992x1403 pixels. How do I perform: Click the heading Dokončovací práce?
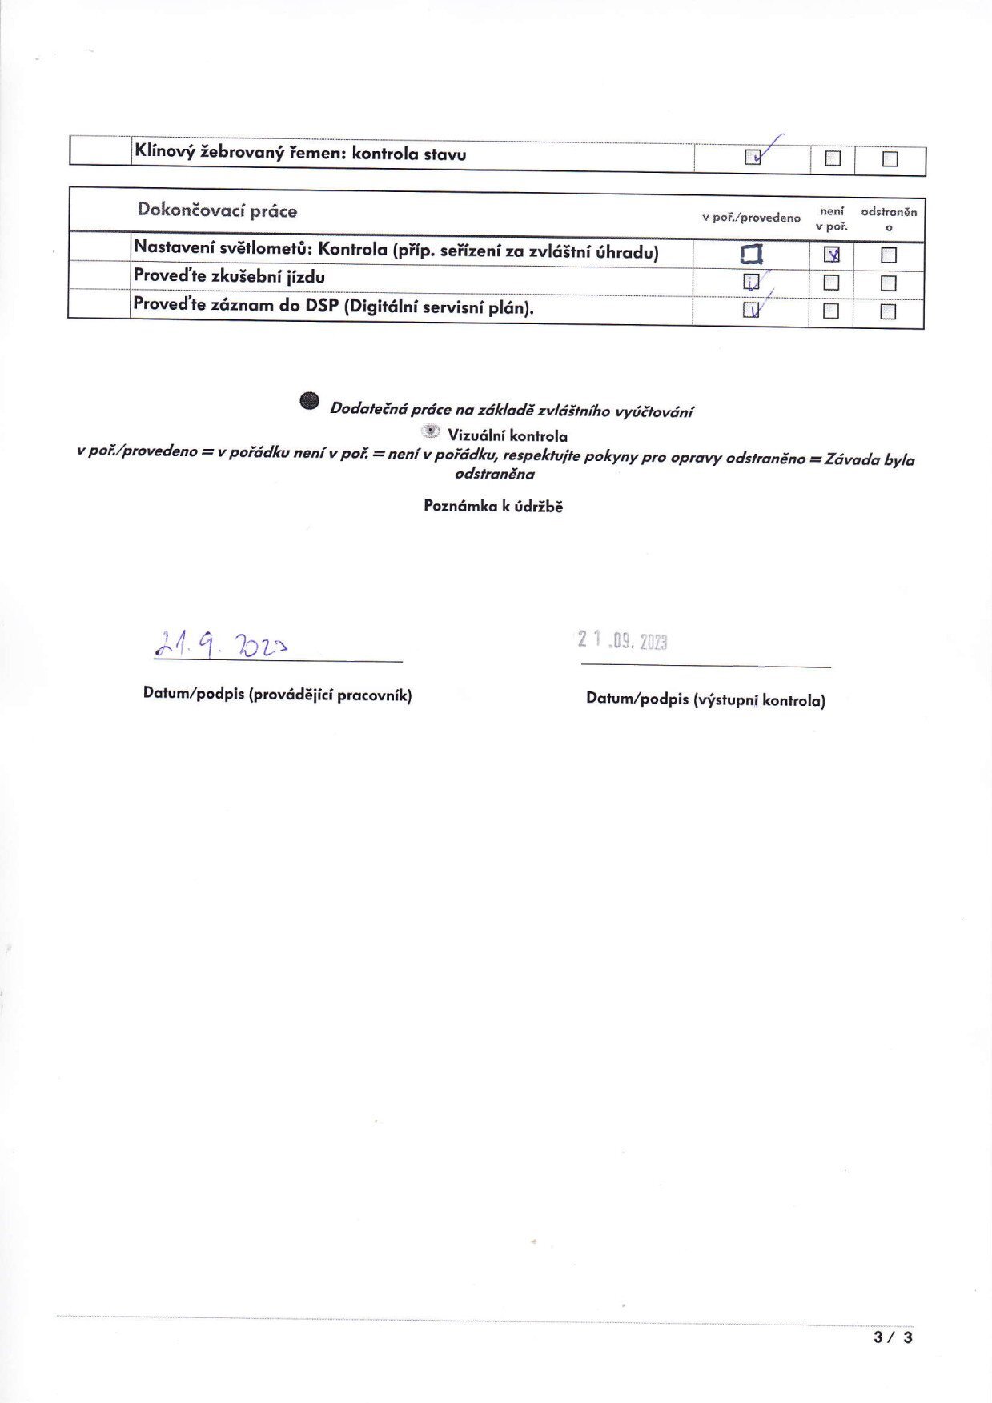pos(217,210)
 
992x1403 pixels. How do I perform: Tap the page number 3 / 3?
pos(893,1337)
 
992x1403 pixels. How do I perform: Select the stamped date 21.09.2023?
pos(623,640)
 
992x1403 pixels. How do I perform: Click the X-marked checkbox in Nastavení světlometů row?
pos(832,255)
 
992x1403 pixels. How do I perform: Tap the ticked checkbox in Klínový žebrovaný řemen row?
pos(753,157)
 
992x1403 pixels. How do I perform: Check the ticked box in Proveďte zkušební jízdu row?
pos(751,282)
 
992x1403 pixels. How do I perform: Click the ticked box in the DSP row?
pos(751,310)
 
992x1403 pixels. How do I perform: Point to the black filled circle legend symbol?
pos(310,401)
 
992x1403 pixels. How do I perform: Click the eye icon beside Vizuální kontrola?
pos(431,432)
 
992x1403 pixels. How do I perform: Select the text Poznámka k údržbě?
pos(493,506)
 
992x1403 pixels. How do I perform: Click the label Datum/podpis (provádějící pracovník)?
pos(277,695)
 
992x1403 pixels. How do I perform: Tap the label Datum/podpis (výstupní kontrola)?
pos(705,699)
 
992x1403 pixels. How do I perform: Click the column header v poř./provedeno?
pos(751,218)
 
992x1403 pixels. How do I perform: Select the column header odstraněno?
pos(889,218)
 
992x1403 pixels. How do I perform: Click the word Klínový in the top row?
pos(165,152)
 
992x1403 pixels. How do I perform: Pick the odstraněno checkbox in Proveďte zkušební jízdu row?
pos(888,283)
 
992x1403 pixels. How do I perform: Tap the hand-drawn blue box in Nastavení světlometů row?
pos(751,255)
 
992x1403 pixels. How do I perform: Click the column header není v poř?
pos(832,218)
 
